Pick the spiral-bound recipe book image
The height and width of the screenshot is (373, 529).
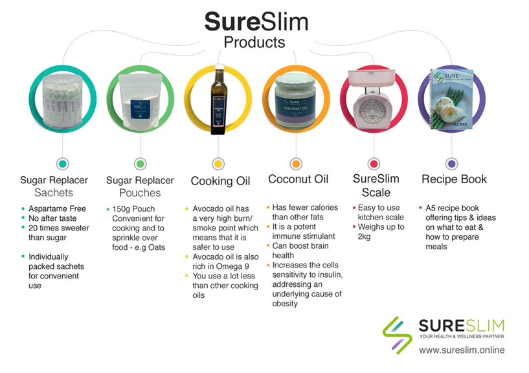[451, 100]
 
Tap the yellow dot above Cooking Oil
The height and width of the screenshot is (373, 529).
[218, 164]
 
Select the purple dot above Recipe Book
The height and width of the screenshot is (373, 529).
[451, 164]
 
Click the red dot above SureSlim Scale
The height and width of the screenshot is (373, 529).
[374, 164]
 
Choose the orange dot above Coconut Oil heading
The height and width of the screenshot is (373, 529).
[296, 164]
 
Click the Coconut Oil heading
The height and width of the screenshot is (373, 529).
[298, 179]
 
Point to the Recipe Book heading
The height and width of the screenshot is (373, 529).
[454, 179]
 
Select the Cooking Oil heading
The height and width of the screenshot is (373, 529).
[220, 181]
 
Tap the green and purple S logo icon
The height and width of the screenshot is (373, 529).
[397, 334]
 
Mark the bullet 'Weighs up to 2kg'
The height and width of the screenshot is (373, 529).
[381, 231]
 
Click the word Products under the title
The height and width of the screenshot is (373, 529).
[254, 43]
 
